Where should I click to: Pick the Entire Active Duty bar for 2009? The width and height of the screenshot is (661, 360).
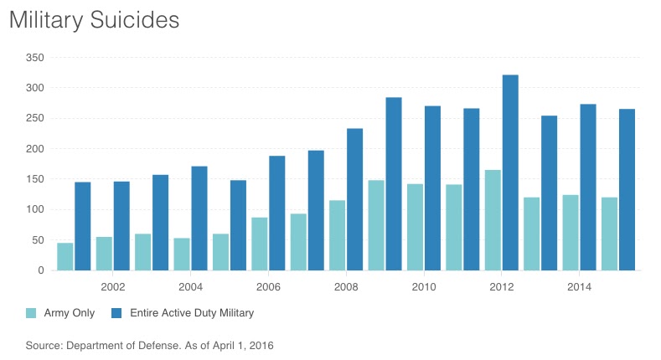[394, 184]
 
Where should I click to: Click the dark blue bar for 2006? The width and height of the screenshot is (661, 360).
[276, 213]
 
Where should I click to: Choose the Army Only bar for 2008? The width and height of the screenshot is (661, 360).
[337, 235]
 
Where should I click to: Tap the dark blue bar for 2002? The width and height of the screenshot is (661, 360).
[121, 225]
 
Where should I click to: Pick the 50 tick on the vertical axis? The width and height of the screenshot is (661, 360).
[36, 240]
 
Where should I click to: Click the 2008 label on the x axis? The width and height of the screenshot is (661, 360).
[346, 286]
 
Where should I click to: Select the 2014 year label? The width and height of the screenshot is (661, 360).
[579, 286]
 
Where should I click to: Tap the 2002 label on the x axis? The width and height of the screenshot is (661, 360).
[112, 286]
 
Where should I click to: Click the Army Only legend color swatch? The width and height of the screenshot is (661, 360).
[31, 313]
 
